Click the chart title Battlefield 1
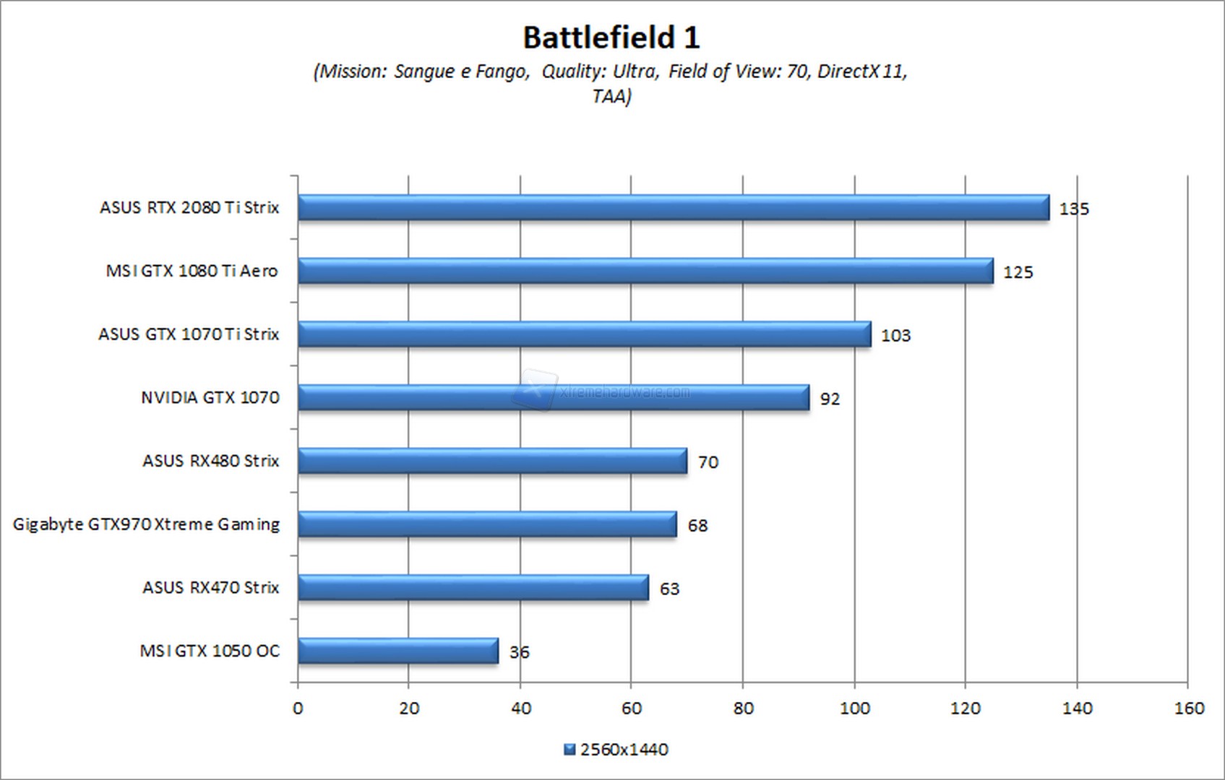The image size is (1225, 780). pyautogui.click(x=611, y=38)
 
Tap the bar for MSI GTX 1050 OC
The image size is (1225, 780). pyautogui.click(x=397, y=651)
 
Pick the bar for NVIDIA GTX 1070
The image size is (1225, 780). pyautogui.click(x=553, y=397)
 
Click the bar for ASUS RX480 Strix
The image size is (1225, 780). pyautogui.click(x=491, y=461)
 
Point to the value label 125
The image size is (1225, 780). pyautogui.click(x=1018, y=272)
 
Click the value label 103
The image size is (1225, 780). pyautogui.click(x=895, y=336)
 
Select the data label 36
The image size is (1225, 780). pyautogui.click(x=519, y=652)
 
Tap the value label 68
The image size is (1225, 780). pyautogui.click(x=697, y=526)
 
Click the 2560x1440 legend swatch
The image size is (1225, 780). pyautogui.click(x=569, y=750)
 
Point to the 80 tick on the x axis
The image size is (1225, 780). pyautogui.click(x=743, y=708)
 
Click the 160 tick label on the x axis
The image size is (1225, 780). pyautogui.click(x=1189, y=708)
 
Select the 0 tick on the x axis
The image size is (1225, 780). pyautogui.click(x=298, y=708)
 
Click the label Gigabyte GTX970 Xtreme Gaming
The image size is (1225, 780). pyautogui.click(x=146, y=524)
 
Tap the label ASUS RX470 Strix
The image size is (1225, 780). pyautogui.click(x=210, y=588)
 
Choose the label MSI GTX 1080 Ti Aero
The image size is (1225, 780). pyautogui.click(x=192, y=271)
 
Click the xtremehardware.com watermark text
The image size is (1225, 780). pyautogui.click(x=624, y=392)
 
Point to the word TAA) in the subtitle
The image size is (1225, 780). pyautogui.click(x=611, y=96)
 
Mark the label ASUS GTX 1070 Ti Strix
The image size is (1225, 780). pyautogui.click(x=189, y=334)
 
